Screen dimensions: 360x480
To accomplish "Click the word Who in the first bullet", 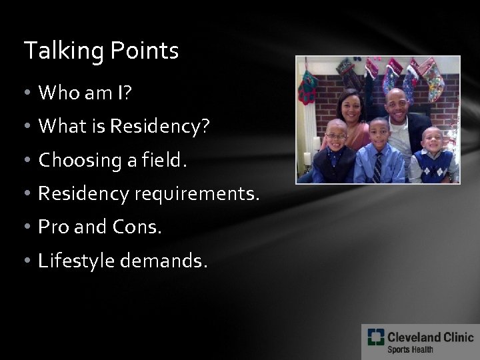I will tap(57, 93).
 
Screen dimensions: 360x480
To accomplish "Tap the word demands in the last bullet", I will tap(169, 261).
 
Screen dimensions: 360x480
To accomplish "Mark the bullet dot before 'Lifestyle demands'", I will tap(29, 262).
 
